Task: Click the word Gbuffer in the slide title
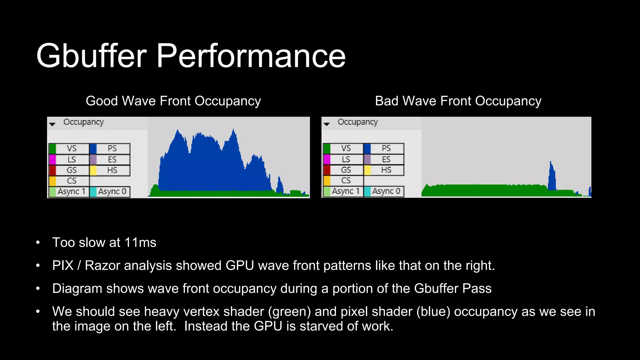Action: [91, 56]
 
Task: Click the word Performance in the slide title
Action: [251, 56]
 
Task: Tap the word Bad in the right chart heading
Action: [387, 101]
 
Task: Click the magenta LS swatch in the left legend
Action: [52, 160]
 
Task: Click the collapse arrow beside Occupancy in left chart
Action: [52, 124]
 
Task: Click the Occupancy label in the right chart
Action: [358, 122]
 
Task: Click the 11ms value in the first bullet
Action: [140, 243]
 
